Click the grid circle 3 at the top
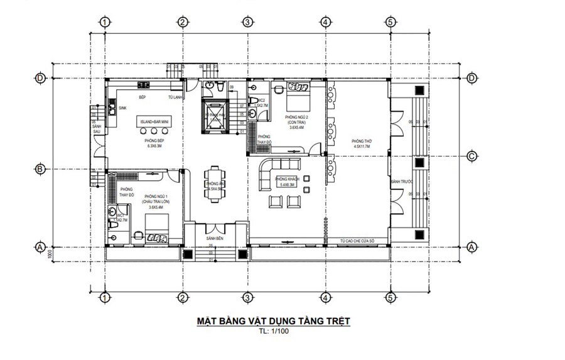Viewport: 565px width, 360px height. tap(247, 22)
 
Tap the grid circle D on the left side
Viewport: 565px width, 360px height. tap(40, 78)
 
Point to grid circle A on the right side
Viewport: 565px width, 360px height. tap(471, 248)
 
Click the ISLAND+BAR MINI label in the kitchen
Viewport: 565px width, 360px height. tap(154, 121)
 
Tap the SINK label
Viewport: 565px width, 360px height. tap(123, 108)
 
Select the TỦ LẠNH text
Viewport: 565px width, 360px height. tap(175, 97)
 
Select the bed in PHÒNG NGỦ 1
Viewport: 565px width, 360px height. tap(156, 229)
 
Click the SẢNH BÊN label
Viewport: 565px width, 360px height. tap(215, 239)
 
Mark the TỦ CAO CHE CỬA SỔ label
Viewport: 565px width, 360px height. tap(358, 241)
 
